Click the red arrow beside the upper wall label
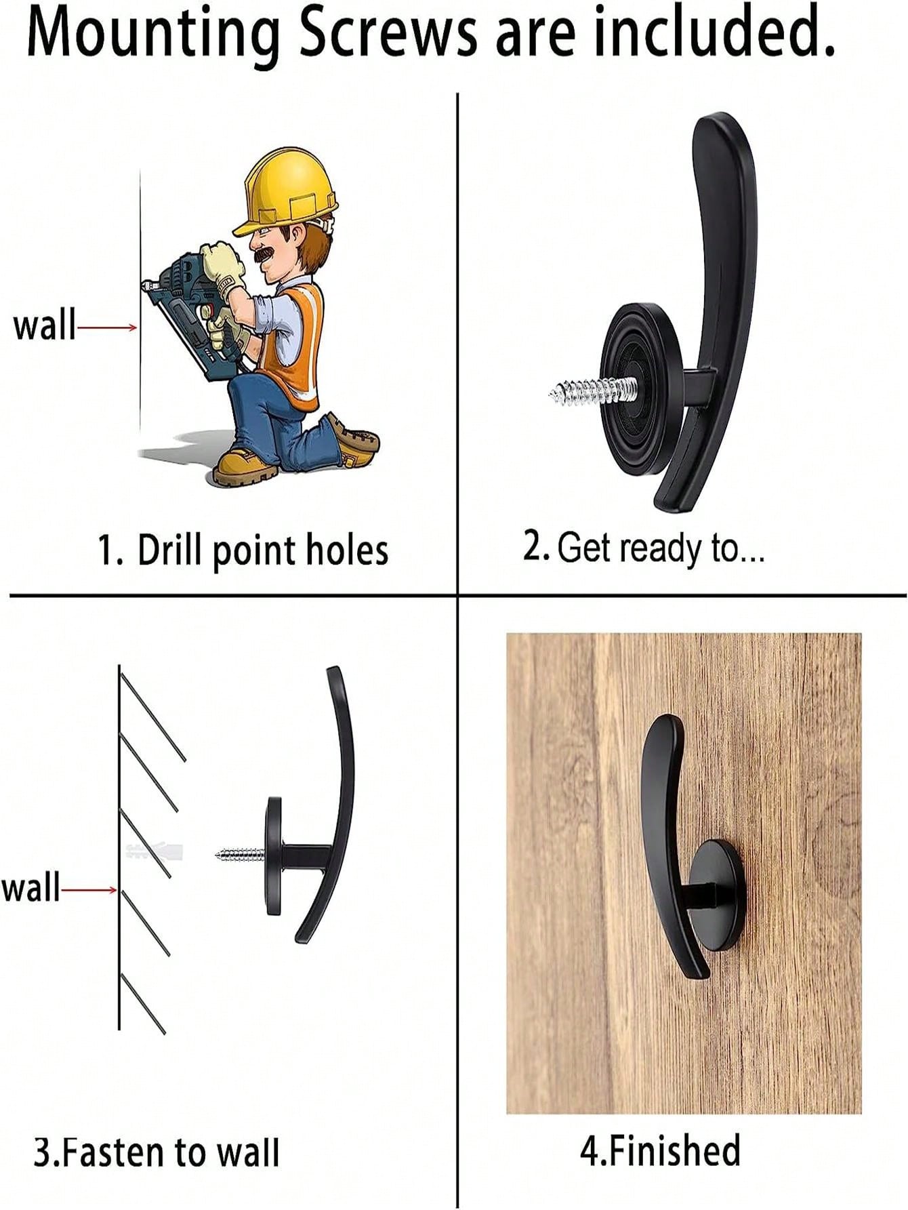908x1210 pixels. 108,328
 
